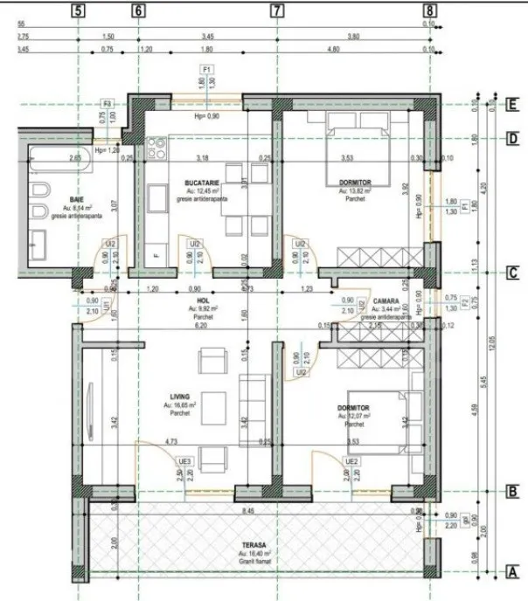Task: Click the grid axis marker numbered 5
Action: (79, 11)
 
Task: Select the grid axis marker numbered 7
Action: (277, 11)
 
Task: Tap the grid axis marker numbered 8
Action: (428, 11)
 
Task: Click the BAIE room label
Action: (76, 200)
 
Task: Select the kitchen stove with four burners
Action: (157, 152)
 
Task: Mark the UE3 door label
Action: (184, 461)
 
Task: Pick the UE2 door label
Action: (351, 461)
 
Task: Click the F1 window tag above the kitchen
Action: (207, 68)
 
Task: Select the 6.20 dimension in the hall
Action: (204, 325)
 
